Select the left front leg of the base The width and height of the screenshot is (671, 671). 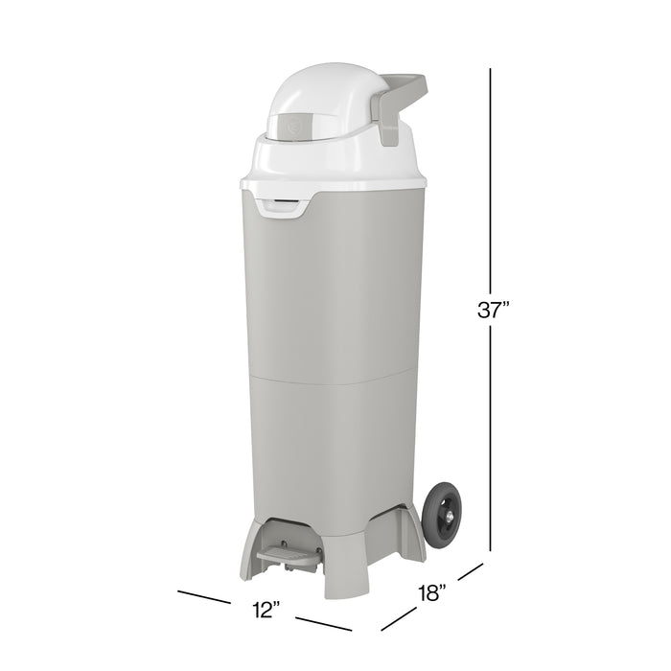246,557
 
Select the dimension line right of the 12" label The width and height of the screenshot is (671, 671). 316,624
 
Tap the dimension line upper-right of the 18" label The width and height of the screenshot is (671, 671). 469,572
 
